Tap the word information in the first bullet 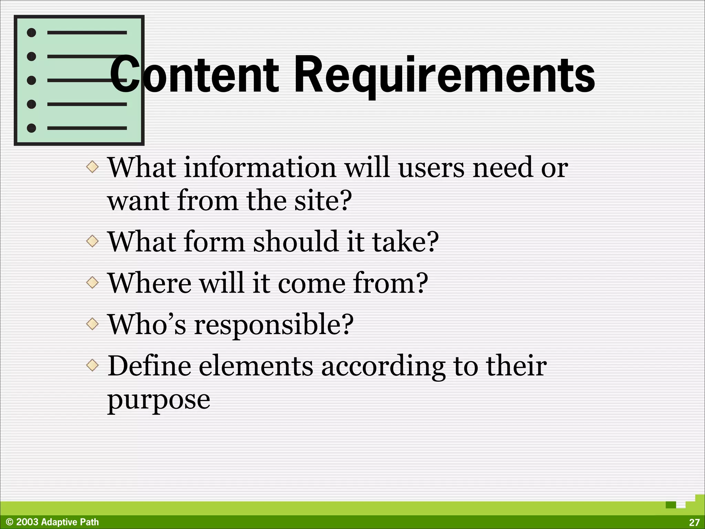click(260, 168)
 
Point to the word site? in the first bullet click(323, 201)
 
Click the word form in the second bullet click(214, 242)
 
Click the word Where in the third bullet click(149, 283)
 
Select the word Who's click(147, 324)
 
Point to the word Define click(149, 366)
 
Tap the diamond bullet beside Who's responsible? click(92, 324)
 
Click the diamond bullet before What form click(92, 241)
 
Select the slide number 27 click(694, 522)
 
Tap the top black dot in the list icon click(31, 33)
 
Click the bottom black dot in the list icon click(31, 128)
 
